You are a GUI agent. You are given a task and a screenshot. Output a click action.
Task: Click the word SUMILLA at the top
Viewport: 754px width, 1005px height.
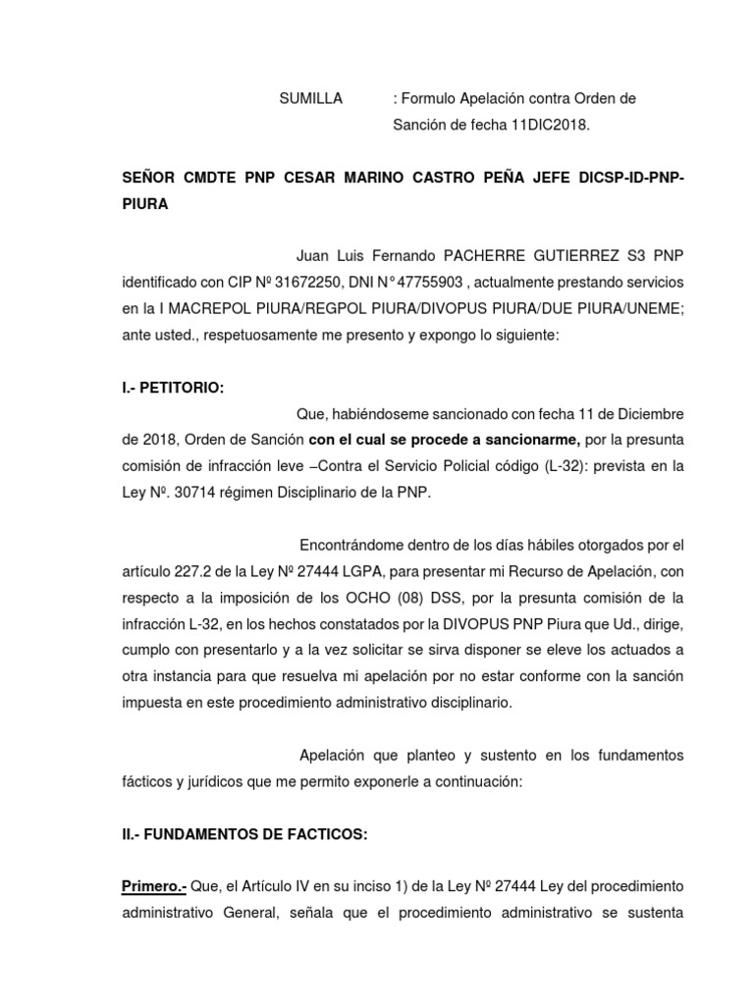(x=311, y=99)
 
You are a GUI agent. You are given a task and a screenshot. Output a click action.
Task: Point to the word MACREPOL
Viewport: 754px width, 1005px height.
(x=202, y=308)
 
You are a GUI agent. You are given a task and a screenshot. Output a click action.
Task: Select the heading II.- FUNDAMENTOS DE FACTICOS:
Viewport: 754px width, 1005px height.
(x=244, y=834)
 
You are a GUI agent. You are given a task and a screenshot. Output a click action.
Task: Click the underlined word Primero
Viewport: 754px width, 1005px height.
(x=155, y=887)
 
